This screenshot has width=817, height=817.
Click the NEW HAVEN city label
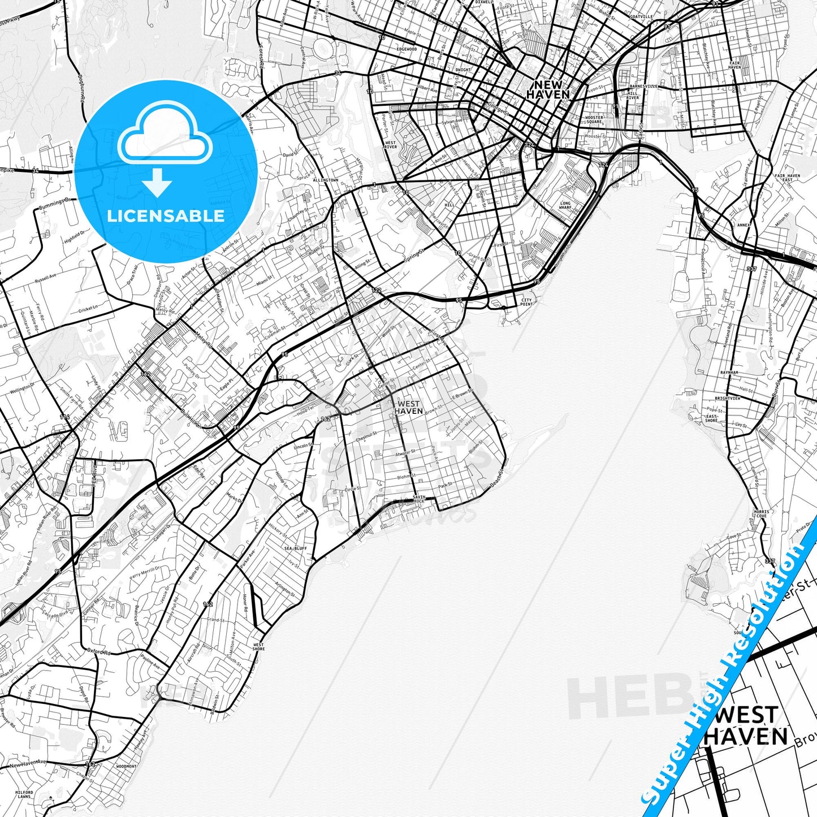(547, 89)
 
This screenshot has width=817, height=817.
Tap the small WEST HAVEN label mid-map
(408, 407)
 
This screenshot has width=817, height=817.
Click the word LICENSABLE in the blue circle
(166, 215)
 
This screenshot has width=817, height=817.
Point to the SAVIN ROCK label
(419, 499)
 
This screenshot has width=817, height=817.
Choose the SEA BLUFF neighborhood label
(295, 548)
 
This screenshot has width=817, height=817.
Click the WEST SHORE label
(258, 647)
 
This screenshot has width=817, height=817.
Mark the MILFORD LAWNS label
(24, 794)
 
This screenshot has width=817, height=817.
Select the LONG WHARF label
(565, 205)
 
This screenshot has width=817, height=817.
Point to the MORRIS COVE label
(760, 513)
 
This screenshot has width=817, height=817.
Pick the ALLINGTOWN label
(325, 180)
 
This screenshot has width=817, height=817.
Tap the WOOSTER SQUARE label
(594, 120)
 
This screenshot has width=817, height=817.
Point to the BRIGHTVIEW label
(727, 398)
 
